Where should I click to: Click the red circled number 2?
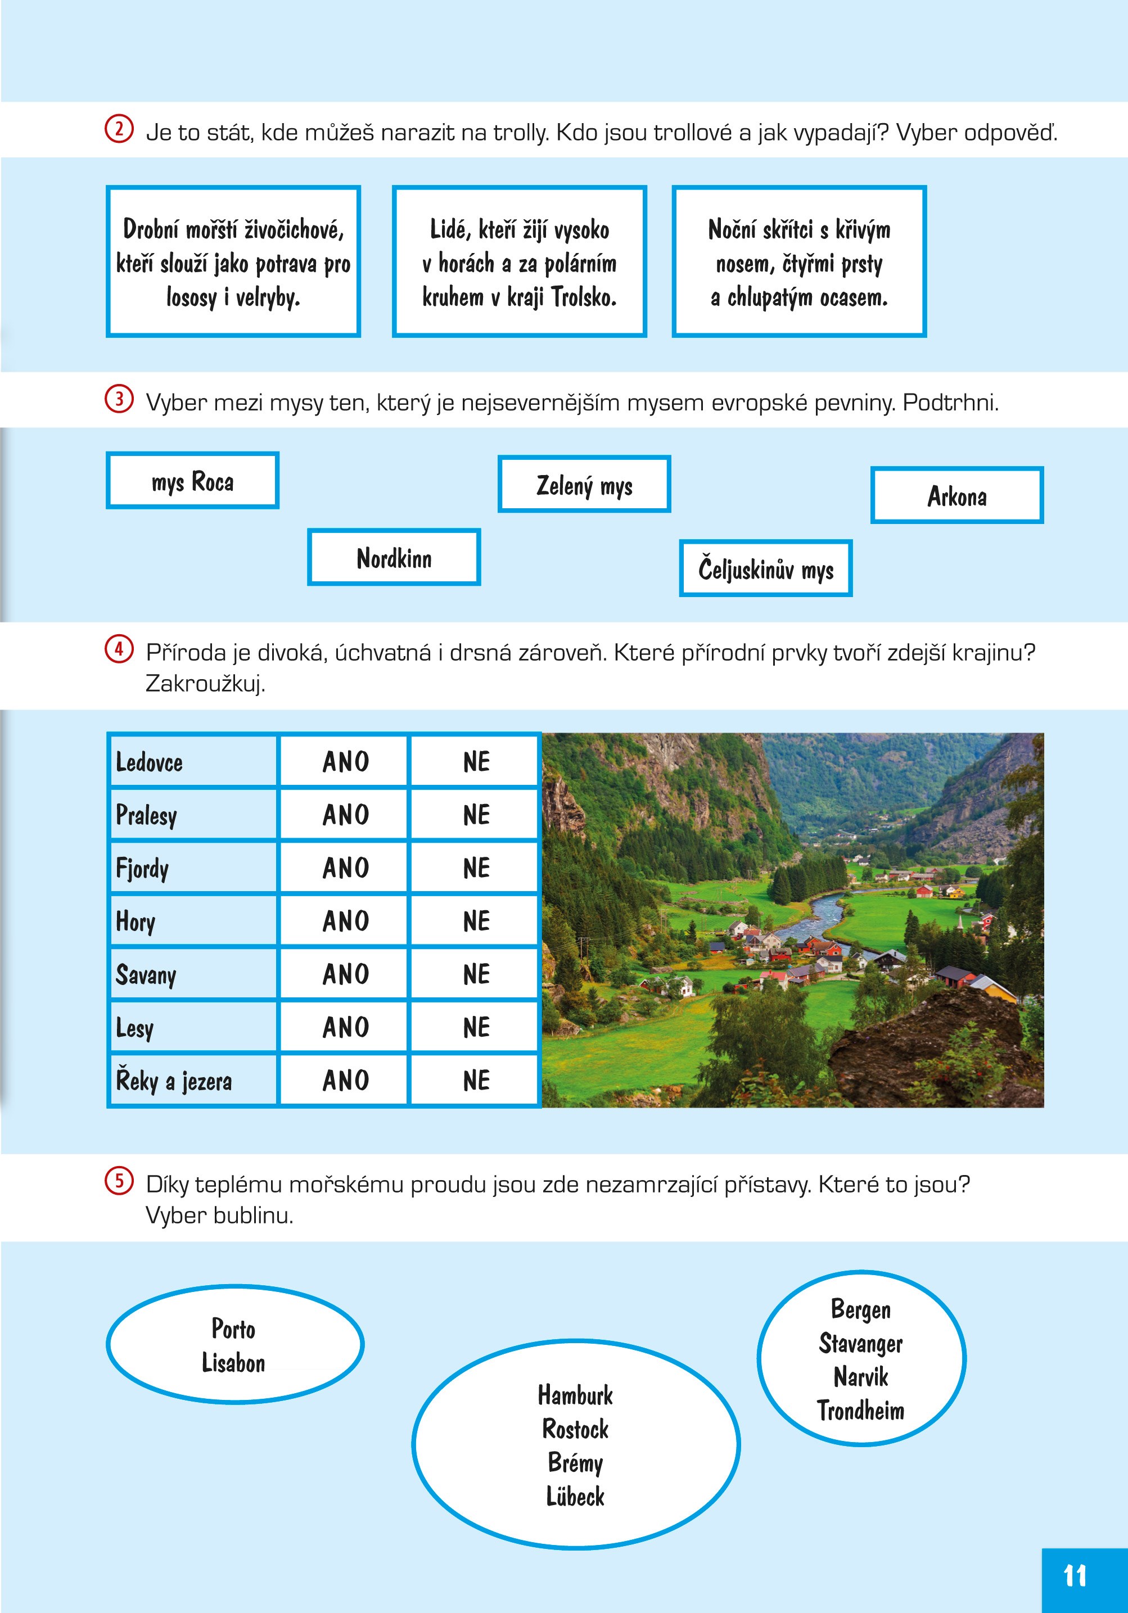click(x=119, y=130)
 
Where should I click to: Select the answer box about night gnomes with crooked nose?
click(x=799, y=262)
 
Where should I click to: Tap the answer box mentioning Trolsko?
click(x=520, y=262)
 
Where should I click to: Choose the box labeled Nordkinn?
click(x=394, y=558)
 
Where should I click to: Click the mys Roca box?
click(x=192, y=481)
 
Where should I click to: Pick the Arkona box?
click(x=956, y=496)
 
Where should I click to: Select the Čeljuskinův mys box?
click(x=765, y=569)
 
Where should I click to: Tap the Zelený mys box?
click(x=584, y=485)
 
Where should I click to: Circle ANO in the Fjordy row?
click(x=345, y=868)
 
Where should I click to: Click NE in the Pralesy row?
click(x=476, y=815)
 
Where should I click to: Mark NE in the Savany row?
click(x=476, y=974)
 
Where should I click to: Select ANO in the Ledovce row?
click(x=345, y=762)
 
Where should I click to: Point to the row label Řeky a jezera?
click(x=174, y=1081)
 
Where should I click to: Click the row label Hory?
click(x=136, y=921)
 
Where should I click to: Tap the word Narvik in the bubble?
click(x=860, y=1376)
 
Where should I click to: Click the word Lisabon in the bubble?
click(x=233, y=1363)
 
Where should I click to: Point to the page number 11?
click(x=1075, y=1576)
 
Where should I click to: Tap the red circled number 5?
click(x=119, y=1182)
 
